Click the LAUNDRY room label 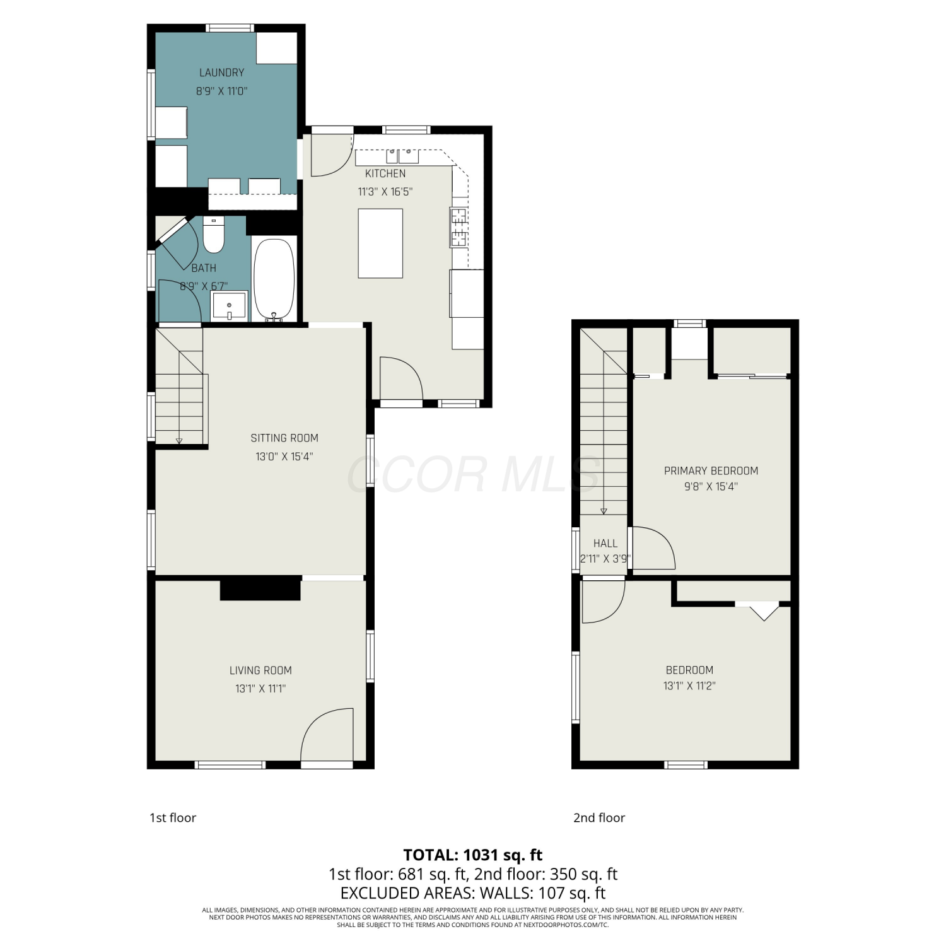(x=221, y=73)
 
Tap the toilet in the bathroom (x=214, y=235)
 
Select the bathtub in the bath (x=274, y=279)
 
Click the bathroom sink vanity (x=229, y=306)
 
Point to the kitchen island (x=380, y=243)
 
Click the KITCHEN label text (x=385, y=173)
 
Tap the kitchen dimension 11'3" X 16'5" (x=385, y=192)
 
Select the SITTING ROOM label (x=284, y=438)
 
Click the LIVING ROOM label (x=260, y=670)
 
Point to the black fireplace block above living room (x=260, y=588)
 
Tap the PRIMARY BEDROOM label (x=711, y=470)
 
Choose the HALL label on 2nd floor (x=605, y=543)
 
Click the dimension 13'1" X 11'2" (x=689, y=686)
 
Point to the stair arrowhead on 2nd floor (x=604, y=511)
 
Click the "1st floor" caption (x=173, y=817)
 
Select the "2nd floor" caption (x=599, y=817)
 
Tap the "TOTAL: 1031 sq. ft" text (x=473, y=855)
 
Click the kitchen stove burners (x=458, y=227)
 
